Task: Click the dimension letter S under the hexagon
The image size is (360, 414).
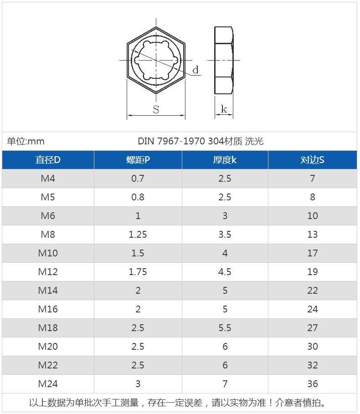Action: [156, 109]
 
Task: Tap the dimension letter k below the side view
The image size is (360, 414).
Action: [224, 109]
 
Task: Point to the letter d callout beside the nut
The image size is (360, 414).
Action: [195, 70]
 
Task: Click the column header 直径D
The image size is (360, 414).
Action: [48, 160]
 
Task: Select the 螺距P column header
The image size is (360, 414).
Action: [138, 160]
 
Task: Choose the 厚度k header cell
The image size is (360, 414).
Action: [225, 160]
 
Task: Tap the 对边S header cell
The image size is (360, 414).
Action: [313, 160]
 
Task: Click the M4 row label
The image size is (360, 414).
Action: [48, 179]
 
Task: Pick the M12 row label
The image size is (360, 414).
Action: [48, 272]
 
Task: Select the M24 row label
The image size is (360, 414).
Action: [48, 383]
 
